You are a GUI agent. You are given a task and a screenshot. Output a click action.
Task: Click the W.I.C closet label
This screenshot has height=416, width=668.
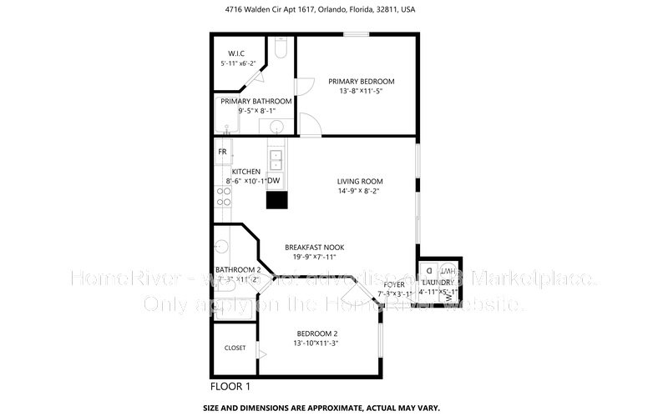pyautogui.click(x=236, y=53)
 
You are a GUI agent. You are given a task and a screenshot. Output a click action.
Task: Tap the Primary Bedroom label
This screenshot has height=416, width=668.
pyautogui.click(x=361, y=82)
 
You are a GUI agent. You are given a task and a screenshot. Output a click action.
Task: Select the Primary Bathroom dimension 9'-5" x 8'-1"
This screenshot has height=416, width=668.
pyautogui.click(x=256, y=110)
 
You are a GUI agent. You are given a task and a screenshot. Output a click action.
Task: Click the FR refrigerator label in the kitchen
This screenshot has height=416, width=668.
pyautogui.click(x=223, y=152)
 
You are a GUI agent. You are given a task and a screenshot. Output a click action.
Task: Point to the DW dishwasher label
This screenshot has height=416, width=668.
pyautogui.click(x=273, y=181)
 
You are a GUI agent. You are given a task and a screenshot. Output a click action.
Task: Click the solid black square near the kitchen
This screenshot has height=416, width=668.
pyautogui.click(x=276, y=199)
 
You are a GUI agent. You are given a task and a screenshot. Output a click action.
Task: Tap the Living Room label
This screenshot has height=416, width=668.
pyautogui.click(x=360, y=182)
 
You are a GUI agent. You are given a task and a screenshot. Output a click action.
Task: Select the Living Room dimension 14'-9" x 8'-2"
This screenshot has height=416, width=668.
pyautogui.click(x=360, y=192)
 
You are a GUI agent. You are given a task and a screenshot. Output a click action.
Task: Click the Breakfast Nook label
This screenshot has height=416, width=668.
pyautogui.click(x=314, y=248)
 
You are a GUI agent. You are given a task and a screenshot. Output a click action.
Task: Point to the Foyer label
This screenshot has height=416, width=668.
pyautogui.click(x=394, y=285)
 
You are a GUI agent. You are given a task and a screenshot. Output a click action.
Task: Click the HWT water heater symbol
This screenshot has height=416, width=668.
pyautogui.click(x=448, y=272)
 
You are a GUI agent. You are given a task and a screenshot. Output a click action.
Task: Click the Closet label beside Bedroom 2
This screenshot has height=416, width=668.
pyautogui.click(x=235, y=348)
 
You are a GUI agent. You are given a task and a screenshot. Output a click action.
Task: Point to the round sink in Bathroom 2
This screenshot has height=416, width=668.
pyautogui.click(x=222, y=247)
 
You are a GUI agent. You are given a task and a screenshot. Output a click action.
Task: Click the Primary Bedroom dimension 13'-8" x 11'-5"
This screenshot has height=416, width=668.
pyautogui.click(x=361, y=92)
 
